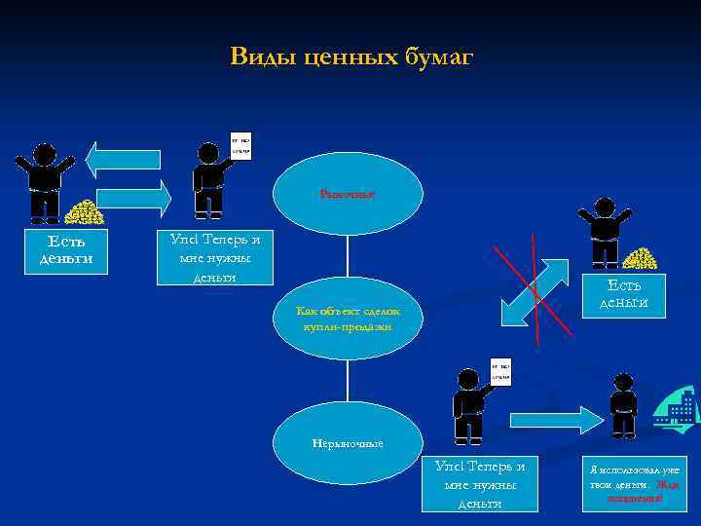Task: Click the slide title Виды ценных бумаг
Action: (x=350, y=57)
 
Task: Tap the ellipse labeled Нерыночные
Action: (x=348, y=443)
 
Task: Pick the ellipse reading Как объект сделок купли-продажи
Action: (x=348, y=318)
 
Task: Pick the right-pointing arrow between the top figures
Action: (x=134, y=198)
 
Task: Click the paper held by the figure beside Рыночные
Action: (x=240, y=145)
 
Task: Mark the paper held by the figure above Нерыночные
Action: (x=499, y=370)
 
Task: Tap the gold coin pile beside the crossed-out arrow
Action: (x=640, y=259)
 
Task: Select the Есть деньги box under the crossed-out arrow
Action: (x=623, y=293)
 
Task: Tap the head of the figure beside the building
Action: (x=623, y=382)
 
